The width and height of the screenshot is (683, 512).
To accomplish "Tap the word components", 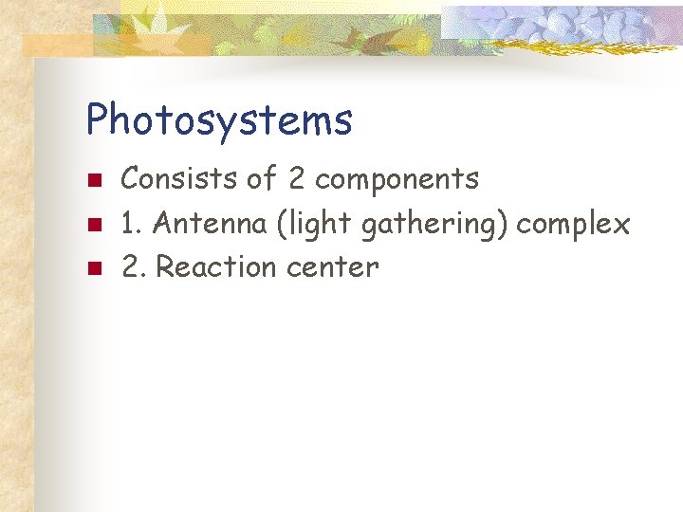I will pos(397,178).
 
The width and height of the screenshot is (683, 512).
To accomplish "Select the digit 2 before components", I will pos(295,178).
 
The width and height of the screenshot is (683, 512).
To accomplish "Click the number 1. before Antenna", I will pos(132,224).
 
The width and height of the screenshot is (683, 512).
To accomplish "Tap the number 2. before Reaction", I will pos(134,267).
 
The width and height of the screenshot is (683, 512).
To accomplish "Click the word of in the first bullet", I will pos(265,178).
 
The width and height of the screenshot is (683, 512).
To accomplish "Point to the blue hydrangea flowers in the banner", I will pos(560,26).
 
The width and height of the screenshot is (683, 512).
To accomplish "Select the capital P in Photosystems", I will pos(98,120).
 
